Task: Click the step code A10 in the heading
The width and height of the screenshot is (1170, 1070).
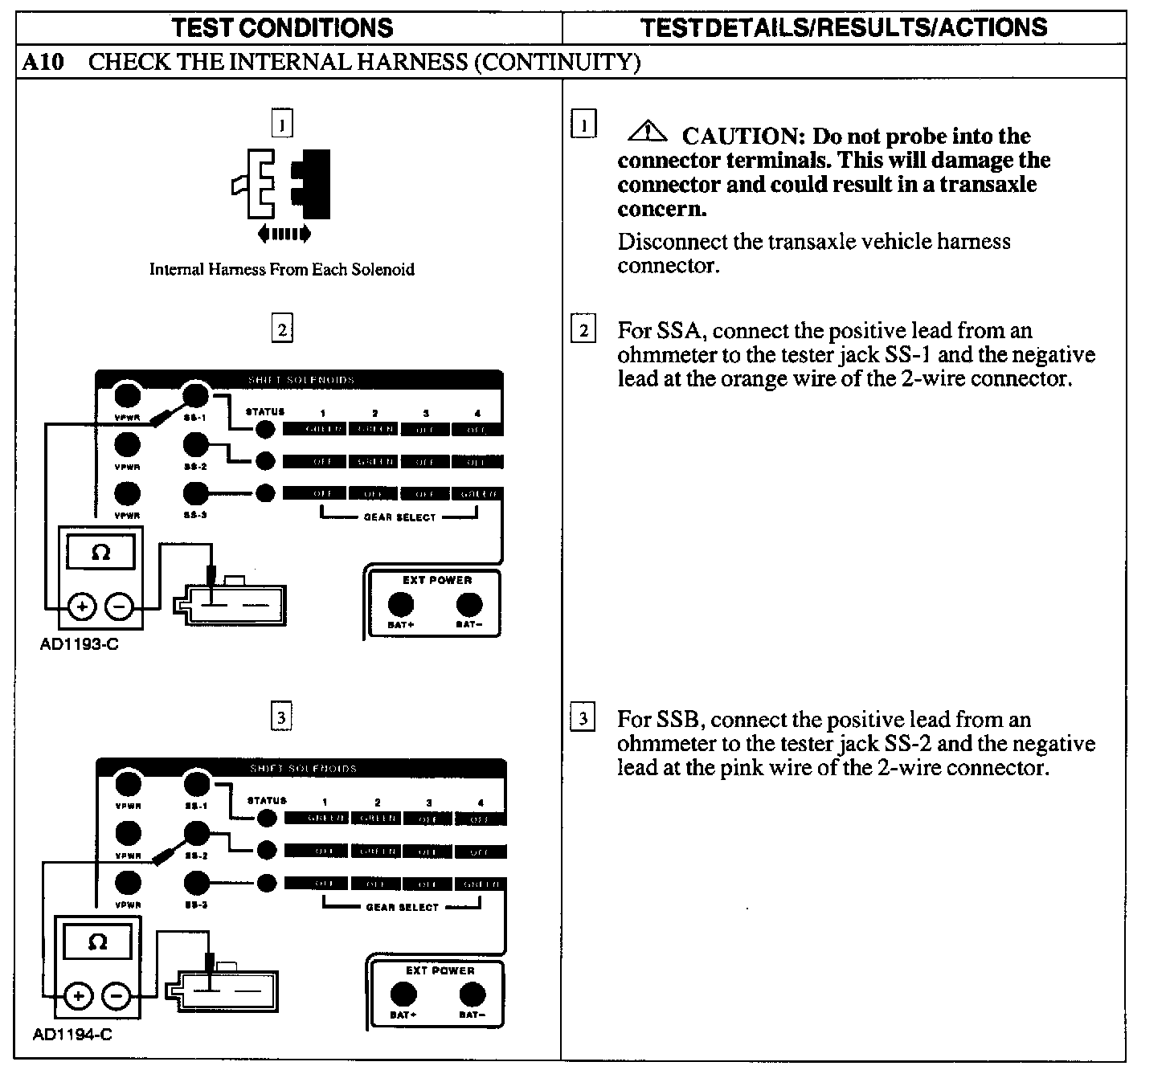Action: click(x=43, y=62)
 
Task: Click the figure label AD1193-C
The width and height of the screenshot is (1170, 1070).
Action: click(x=79, y=644)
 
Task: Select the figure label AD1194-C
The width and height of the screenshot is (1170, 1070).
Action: click(x=72, y=1035)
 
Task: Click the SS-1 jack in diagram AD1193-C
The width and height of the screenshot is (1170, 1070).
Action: click(x=195, y=395)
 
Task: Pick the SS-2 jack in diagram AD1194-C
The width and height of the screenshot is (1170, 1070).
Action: click(x=196, y=833)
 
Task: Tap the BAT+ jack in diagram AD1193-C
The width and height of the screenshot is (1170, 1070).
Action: click(x=400, y=604)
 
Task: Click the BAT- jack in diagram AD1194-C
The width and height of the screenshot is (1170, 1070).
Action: click(x=472, y=994)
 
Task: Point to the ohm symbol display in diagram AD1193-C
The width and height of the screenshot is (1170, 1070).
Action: click(x=100, y=553)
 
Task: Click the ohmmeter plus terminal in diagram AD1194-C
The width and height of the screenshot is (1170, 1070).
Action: click(x=78, y=997)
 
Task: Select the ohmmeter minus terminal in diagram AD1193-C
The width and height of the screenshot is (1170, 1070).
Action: click(x=120, y=606)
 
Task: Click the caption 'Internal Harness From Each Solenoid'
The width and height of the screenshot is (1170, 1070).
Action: click(x=282, y=270)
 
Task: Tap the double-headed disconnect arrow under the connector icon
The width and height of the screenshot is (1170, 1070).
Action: click(x=284, y=235)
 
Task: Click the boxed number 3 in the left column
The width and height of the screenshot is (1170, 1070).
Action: click(x=281, y=717)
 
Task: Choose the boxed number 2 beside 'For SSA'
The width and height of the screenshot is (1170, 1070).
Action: click(x=583, y=330)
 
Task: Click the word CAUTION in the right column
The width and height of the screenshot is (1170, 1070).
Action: click(x=744, y=137)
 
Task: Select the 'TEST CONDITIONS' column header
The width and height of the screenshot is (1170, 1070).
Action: click(x=283, y=28)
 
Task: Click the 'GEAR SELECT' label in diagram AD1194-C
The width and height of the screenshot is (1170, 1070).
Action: click(x=403, y=907)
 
